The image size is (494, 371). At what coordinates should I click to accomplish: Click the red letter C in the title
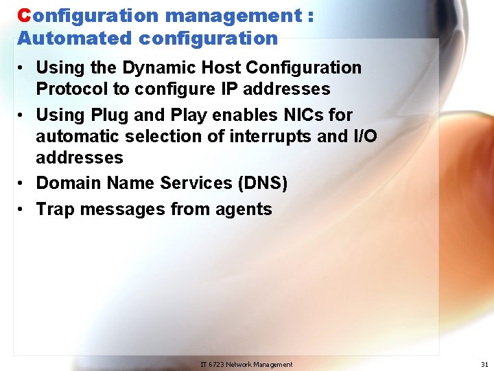pyautogui.click(x=24, y=15)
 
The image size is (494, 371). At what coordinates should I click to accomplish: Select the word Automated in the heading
pyautogui.click(x=60, y=38)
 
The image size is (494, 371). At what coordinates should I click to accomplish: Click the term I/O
pyautogui.click(x=364, y=136)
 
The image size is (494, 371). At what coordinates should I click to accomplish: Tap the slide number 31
pyautogui.click(x=485, y=364)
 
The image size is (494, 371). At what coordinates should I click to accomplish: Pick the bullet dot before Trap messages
pyautogui.click(x=23, y=210)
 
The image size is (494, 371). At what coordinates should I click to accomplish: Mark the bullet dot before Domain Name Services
pyautogui.click(x=23, y=183)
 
